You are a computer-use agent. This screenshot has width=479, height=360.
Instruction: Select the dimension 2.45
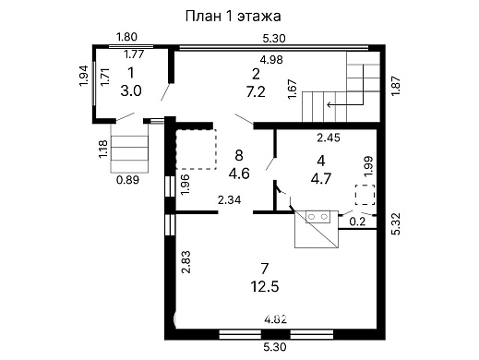329,138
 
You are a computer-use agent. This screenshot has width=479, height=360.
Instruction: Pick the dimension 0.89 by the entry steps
126,180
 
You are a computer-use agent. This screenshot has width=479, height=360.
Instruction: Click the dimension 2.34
230,199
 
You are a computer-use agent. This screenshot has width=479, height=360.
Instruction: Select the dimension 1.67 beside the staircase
293,90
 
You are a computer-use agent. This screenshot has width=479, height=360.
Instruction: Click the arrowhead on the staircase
329,104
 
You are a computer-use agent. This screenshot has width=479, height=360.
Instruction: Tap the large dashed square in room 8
194,147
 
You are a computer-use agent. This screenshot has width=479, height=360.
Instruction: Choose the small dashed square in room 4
365,196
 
